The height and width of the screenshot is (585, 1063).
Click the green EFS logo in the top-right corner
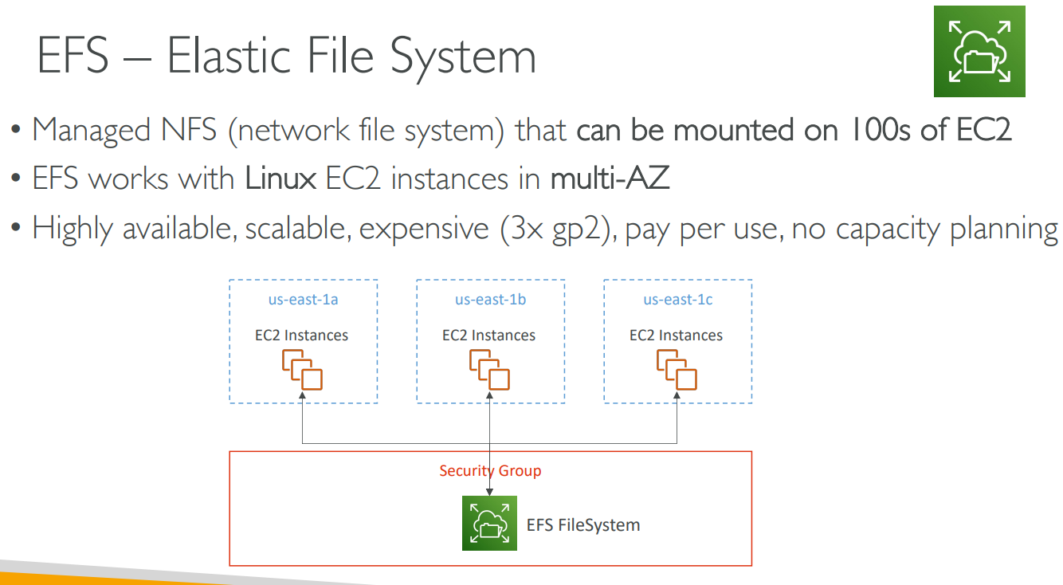click(x=979, y=52)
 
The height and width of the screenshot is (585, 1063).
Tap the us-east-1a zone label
click(x=303, y=300)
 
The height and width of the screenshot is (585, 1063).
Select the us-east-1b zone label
click(x=490, y=300)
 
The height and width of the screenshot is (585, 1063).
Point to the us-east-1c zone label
click(x=678, y=300)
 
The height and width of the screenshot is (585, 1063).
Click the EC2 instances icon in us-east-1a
click(x=302, y=370)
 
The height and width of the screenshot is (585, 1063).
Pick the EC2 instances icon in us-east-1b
click(x=489, y=370)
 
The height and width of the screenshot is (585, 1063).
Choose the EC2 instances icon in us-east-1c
click(x=677, y=370)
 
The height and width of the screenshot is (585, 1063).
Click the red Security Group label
click(x=490, y=471)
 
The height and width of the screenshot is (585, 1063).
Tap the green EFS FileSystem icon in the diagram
click(x=489, y=523)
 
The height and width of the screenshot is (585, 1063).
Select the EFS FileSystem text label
click(x=583, y=525)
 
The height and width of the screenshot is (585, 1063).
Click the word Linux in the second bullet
click(x=280, y=179)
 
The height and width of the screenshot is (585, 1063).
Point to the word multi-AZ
click(x=610, y=179)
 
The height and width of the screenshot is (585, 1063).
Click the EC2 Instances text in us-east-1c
click(x=676, y=336)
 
